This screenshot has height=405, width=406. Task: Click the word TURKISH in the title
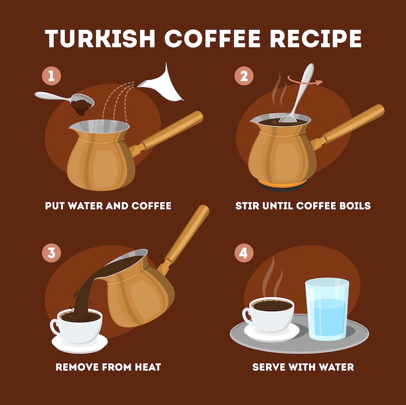pos(100,38)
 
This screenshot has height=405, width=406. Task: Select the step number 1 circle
pos(52,76)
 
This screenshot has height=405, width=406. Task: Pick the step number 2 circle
pos(244,76)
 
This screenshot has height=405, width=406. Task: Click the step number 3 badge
pos(52,253)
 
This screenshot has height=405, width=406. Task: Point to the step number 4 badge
pos(244,253)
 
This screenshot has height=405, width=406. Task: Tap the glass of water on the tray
pos(327,309)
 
